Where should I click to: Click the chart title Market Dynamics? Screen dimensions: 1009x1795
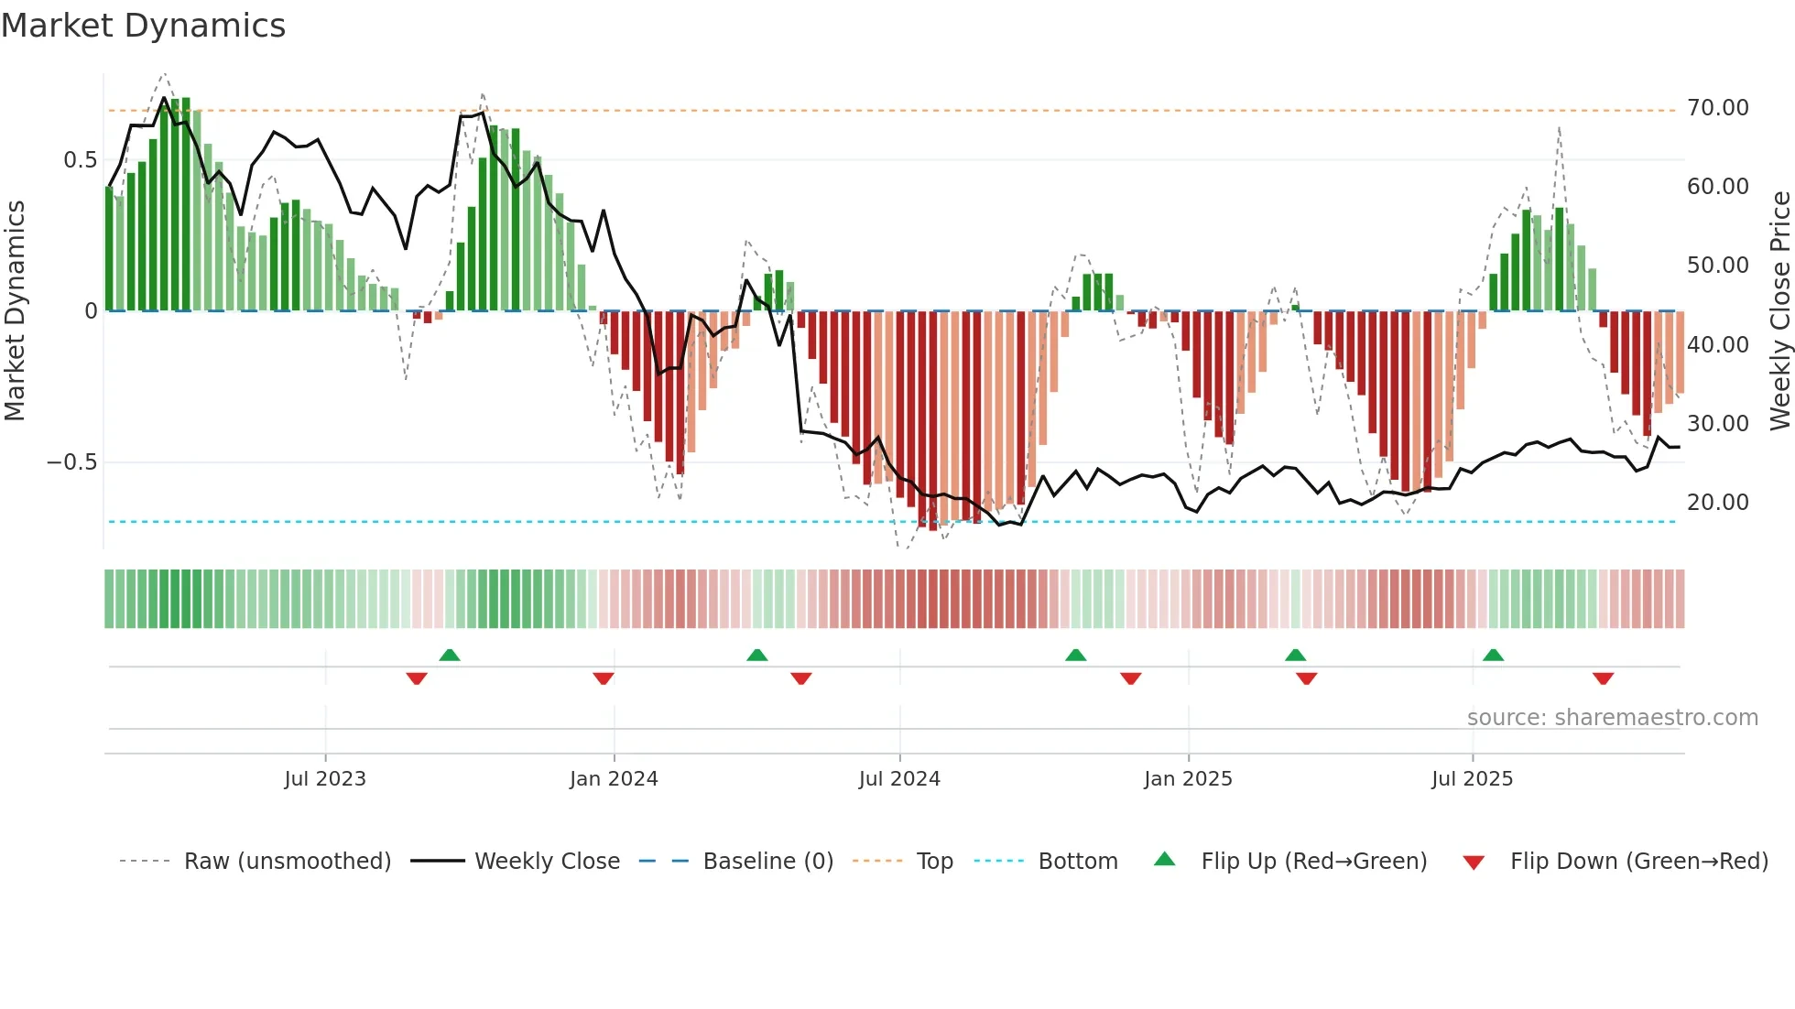coord(143,26)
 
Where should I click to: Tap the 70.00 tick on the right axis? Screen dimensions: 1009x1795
coord(1717,108)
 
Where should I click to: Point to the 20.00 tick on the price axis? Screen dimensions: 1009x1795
coord(1717,503)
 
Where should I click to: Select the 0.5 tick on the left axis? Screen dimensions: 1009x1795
coord(80,160)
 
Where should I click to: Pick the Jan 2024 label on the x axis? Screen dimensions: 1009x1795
coord(614,779)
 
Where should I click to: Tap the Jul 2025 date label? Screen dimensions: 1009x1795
coord(1472,779)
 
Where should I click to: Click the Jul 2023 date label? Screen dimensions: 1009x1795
coord(324,779)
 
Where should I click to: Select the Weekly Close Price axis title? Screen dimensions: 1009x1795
coord(1779,311)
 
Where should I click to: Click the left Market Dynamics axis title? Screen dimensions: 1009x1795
coord(15,311)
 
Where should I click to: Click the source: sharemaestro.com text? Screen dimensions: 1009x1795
coord(1612,718)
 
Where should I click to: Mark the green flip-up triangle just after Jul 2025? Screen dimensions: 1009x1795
coord(1493,655)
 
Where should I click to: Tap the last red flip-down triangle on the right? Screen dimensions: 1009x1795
coord(1603,678)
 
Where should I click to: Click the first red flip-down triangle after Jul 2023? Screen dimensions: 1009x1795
coord(417,678)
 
